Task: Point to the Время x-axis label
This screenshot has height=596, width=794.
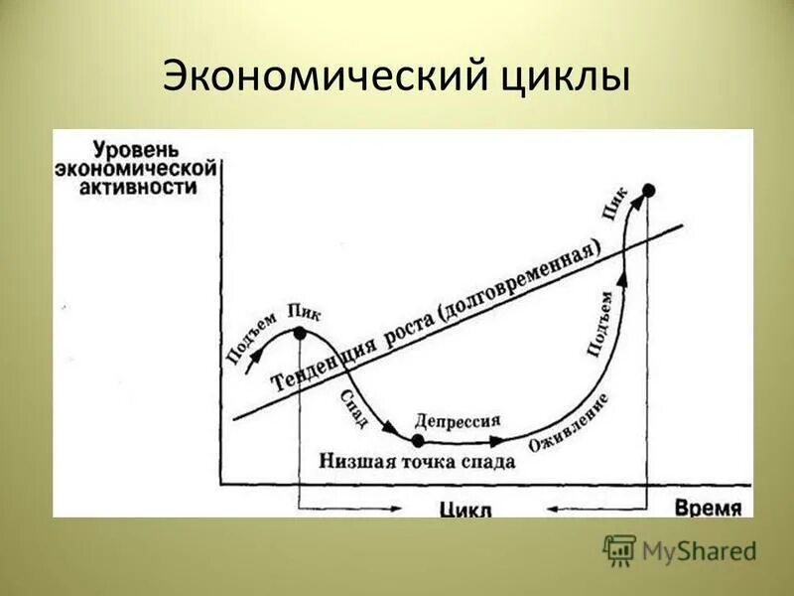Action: (x=709, y=508)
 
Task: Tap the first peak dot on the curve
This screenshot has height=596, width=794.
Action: (x=300, y=334)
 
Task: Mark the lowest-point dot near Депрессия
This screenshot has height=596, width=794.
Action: (x=418, y=440)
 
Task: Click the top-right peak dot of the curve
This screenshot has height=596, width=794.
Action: (x=648, y=189)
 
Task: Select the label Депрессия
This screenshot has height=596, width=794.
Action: (x=458, y=420)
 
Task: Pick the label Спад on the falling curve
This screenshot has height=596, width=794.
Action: (x=353, y=407)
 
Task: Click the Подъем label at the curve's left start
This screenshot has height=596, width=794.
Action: (x=251, y=339)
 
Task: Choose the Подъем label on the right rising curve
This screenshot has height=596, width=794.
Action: (x=600, y=320)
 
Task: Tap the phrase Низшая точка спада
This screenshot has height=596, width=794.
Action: (x=417, y=462)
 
